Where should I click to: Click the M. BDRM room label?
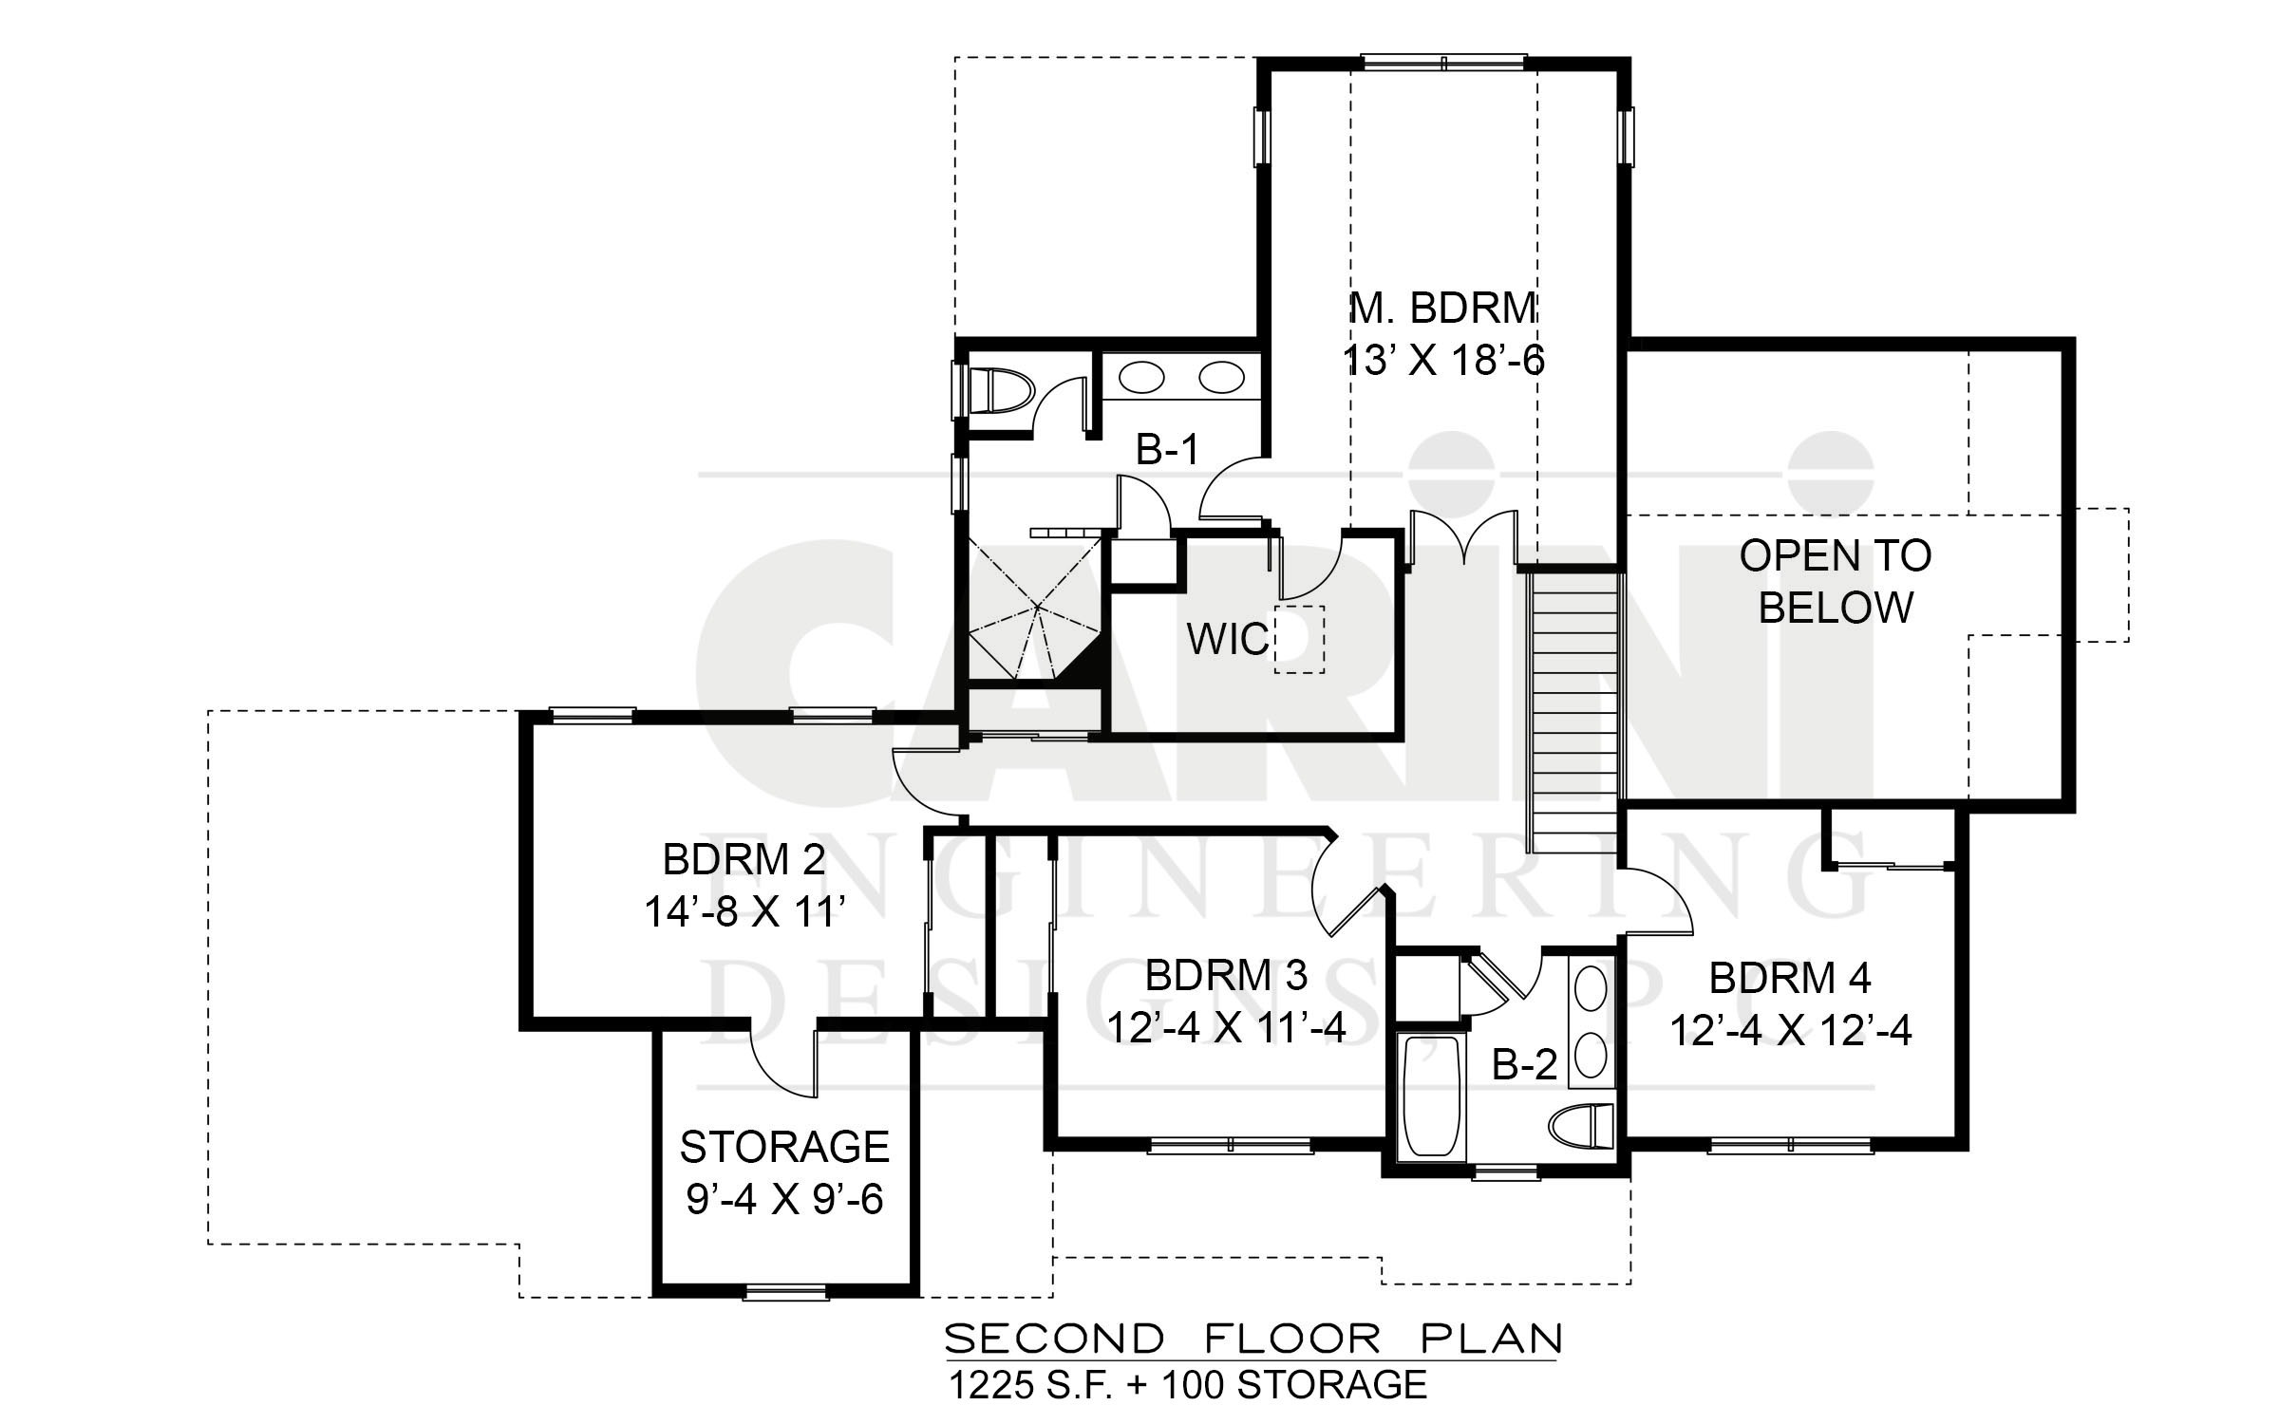(1443, 309)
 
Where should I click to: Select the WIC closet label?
(1228, 640)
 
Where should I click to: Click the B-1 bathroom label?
(1167, 450)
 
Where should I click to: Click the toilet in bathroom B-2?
(1581, 1128)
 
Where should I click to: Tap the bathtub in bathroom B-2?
(1430, 1096)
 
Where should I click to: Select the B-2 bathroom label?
(1525, 1065)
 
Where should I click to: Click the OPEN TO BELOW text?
(1836, 581)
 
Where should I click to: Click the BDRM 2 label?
(744, 860)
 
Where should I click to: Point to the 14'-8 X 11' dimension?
(744, 912)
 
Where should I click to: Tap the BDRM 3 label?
(1226, 975)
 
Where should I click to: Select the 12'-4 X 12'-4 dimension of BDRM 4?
(1790, 1030)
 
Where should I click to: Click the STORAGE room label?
(784, 1147)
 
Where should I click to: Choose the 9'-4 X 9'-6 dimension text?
(784, 1199)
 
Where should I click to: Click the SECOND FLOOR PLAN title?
(1253, 1339)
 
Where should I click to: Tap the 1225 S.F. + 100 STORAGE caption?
(1188, 1384)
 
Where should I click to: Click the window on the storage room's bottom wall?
(785, 1291)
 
